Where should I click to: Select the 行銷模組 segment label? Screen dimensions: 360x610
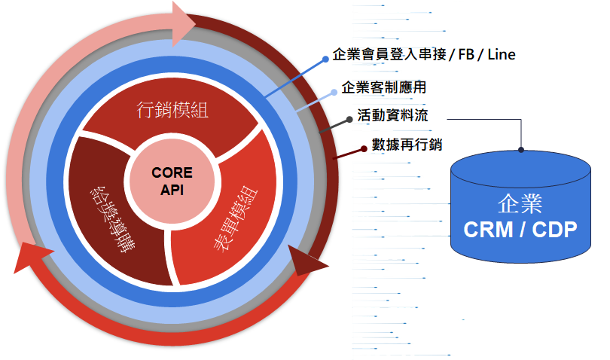tap(172, 111)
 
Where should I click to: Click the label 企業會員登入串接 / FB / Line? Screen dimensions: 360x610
tap(424, 55)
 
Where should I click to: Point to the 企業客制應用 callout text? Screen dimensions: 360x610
tap(384, 87)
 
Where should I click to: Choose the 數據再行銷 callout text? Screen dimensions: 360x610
tap(406, 145)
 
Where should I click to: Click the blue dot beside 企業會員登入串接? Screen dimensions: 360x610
tap(325, 56)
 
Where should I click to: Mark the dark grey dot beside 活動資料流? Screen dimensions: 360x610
tap(349, 119)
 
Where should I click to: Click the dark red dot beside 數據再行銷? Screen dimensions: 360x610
tap(363, 145)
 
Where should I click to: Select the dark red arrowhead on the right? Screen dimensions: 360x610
tap(308, 261)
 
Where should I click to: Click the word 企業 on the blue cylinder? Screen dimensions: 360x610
tap(520, 203)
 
